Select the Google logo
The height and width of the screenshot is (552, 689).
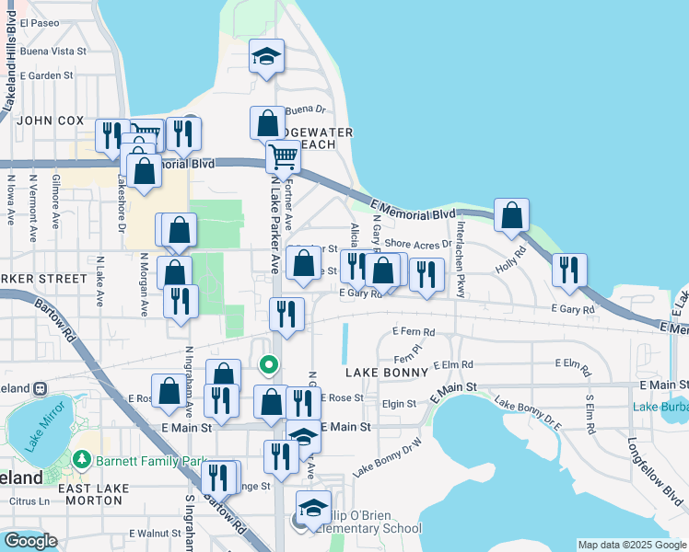(x=30, y=541)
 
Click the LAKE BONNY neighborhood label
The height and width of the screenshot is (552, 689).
(x=387, y=373)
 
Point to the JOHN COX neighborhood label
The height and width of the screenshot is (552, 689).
(x=51, y=121)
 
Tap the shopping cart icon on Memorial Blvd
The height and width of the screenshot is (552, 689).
(x=284, y=158)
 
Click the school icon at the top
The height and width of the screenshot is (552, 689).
(x=267, y=57)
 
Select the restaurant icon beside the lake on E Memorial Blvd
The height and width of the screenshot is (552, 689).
(x=569, y=270)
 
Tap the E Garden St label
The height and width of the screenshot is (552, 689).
(x=45, y=75)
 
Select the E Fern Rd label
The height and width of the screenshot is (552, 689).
(x=413, y=331)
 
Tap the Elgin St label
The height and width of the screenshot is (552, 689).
(x=400, y=403)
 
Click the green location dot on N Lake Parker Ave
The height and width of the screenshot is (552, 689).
(x=269, y=365)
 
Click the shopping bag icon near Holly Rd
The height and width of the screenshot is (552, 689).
(x=511, y=216)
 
